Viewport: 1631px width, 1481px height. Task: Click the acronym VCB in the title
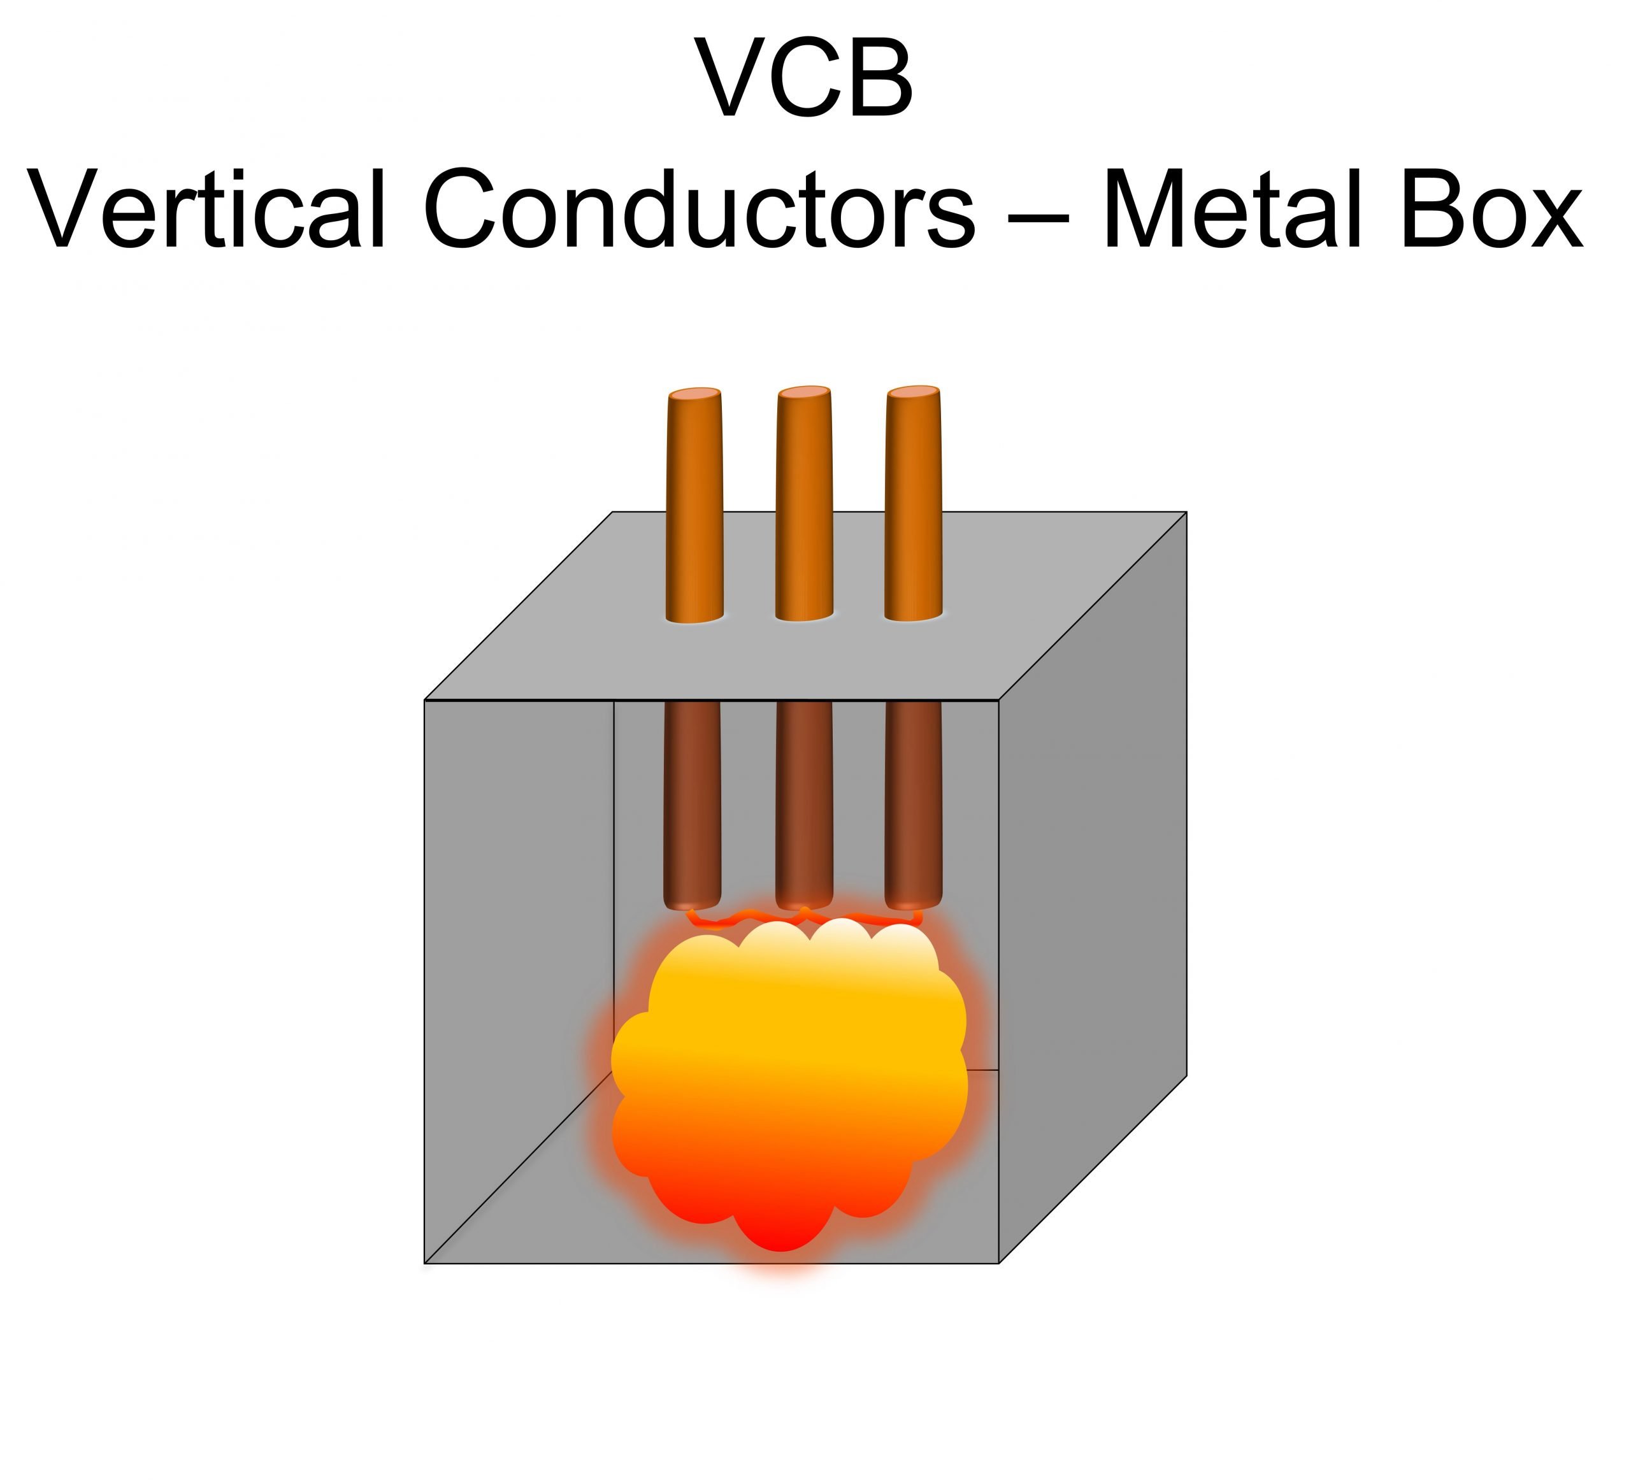805,78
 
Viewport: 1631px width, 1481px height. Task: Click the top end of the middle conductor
803,393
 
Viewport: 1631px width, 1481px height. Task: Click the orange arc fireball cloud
789,1076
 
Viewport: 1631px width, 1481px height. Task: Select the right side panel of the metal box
1092,873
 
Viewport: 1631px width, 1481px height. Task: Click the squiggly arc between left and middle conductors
749,918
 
